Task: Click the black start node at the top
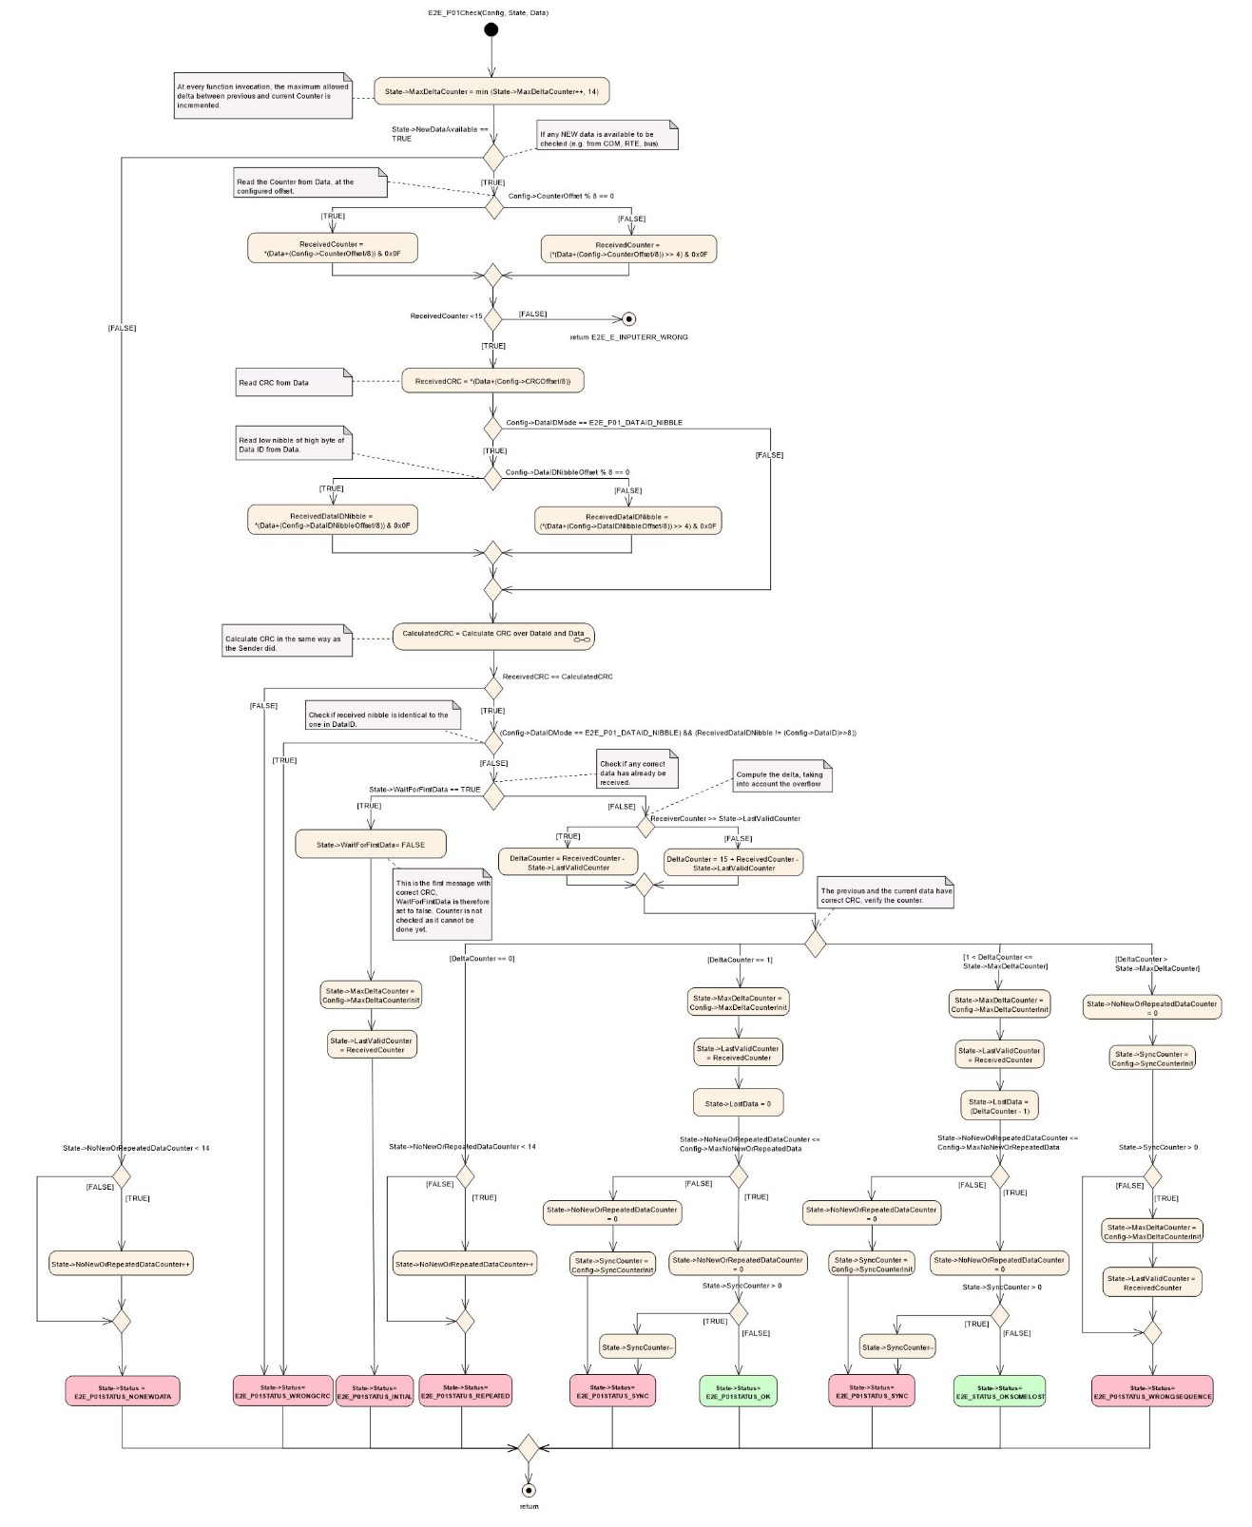click(491, 29)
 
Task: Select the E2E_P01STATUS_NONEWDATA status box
click(123, 1391)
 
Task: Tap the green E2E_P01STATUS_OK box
click(738, 1391)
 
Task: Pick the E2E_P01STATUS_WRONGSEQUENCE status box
click(1152, 1391)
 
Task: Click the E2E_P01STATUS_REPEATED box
click(465, 1391)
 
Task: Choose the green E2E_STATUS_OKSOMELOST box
click(999, 1391)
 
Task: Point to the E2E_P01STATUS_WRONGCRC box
click(282, 1391)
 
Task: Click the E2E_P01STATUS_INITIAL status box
click(375, 1392)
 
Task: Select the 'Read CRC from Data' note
click(293, 382)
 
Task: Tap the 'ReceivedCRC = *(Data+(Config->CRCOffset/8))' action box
click(492, 381)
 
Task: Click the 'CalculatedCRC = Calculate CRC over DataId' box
click(493, 636)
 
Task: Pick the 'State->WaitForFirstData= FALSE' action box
click(371, 845)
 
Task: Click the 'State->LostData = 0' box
click(738, 1103)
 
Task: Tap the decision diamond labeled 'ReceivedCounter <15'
click(492, 319)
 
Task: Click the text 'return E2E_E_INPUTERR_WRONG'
click(628, 337)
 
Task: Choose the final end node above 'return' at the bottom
click(529, 1490)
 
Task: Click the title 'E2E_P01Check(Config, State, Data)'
click(488, 12)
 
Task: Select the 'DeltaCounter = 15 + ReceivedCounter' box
click(733, 863)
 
